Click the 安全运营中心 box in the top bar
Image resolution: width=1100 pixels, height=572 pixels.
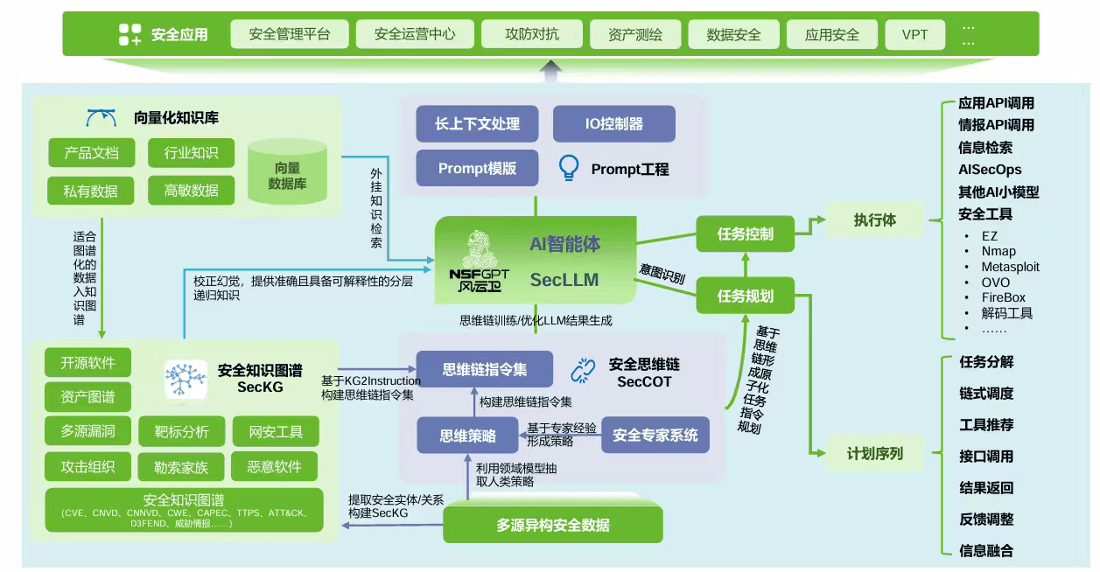click(415, 35)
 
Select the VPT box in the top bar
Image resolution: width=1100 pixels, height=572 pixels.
click(914, 35)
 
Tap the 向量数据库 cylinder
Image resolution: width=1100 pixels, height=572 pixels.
click(287, 175)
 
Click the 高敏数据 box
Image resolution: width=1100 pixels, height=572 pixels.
click(192, 190)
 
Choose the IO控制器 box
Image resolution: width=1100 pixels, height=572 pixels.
click(613, 124)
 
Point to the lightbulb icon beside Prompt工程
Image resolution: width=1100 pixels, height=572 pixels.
click(570, 168)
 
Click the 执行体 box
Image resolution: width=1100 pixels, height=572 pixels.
click(874, 220)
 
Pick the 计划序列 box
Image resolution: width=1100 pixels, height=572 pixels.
click(874, 453)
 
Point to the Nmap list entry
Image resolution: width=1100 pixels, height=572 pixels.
click(998, 251)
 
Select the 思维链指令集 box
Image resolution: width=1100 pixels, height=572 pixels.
click(484, 369)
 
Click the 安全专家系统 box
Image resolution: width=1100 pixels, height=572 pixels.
click(655, 435)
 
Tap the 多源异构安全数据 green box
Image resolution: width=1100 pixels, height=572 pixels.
click(552, 525)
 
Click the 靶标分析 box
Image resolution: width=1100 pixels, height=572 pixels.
click(181, 431)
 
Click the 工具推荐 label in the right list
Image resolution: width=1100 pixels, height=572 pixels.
click(986, 425)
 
